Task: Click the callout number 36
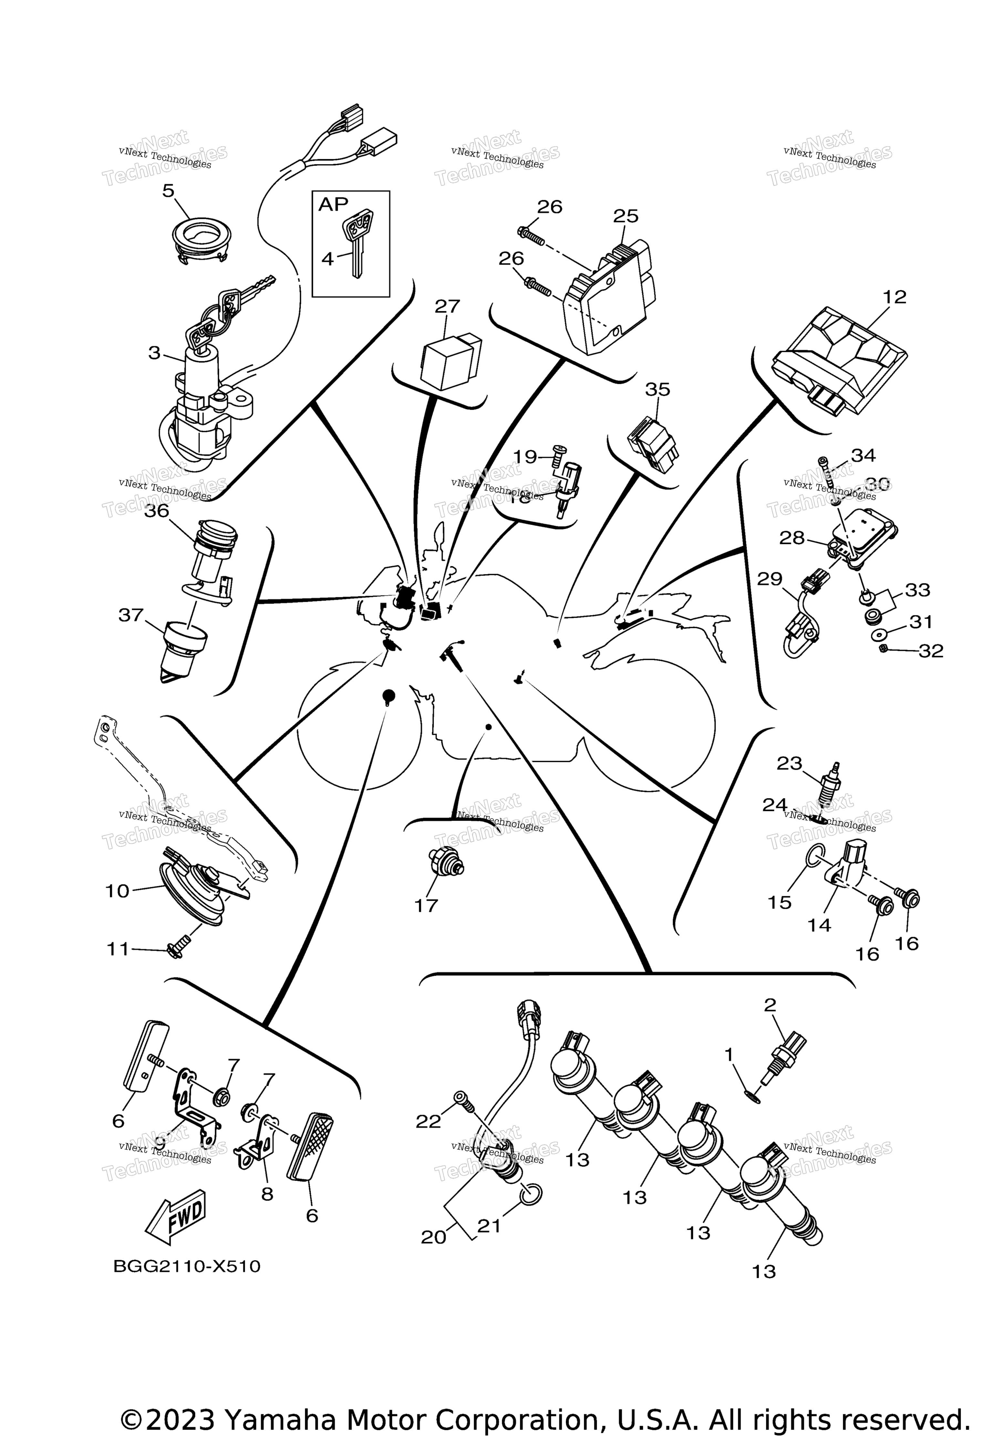[157, 510]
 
